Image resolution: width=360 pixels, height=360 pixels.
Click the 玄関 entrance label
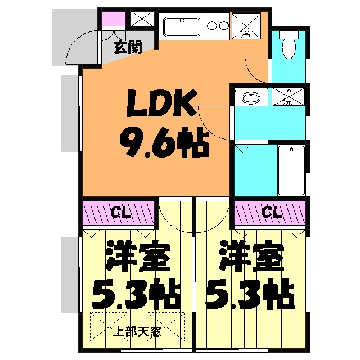pyautogui.click(x=127, y=47)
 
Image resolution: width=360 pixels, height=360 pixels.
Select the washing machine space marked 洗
pyautogui.click(x=287, y=97)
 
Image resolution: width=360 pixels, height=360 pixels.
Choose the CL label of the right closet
pyautogui.click(x=272, y=212)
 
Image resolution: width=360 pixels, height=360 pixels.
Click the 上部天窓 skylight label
pyautogui.click(x=137, y=331)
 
